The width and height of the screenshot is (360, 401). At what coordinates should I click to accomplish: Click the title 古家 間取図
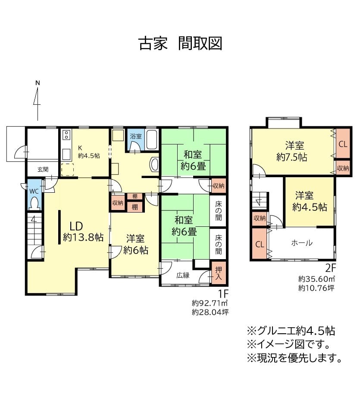180,44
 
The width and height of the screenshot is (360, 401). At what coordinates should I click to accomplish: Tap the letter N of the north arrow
38,83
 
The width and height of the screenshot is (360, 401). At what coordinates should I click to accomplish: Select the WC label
34,191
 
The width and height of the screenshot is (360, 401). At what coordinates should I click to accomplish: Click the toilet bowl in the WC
34,204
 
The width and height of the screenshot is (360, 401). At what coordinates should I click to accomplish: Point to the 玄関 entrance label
43,169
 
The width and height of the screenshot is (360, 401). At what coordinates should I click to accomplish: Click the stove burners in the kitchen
66,135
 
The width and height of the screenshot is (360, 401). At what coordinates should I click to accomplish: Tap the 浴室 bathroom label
135,136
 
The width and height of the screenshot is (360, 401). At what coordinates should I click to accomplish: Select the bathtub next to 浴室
152,140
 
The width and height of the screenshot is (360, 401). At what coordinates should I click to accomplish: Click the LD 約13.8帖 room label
83,232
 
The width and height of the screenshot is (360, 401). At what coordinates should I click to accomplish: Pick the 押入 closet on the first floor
218,273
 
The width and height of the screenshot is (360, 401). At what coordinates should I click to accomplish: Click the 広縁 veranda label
183,275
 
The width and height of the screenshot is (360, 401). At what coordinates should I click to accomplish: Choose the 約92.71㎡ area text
210,303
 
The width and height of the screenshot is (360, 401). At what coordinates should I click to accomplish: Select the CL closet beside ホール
260,244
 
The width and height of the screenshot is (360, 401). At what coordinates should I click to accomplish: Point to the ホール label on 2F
302,243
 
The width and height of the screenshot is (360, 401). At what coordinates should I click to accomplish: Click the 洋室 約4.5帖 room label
310,201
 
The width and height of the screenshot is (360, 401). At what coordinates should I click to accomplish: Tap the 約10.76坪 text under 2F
316,288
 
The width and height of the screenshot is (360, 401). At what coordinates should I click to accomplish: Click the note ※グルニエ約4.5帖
291,331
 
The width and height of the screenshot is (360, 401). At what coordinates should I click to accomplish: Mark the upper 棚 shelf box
135,196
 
